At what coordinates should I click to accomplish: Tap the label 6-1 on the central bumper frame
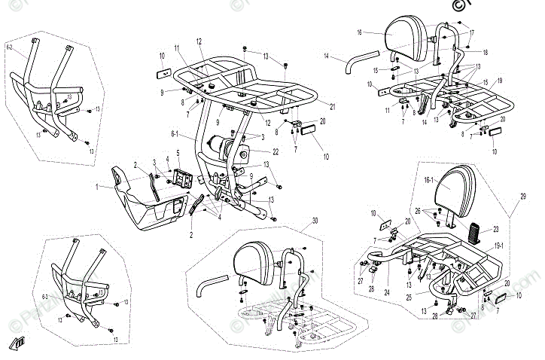click(174, 136)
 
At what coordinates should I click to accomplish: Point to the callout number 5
click(178, 154)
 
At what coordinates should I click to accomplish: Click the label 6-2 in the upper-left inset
click(10, 47)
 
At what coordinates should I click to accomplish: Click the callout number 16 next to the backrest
click(360, 32)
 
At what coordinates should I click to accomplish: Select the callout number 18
click(485, 52)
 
